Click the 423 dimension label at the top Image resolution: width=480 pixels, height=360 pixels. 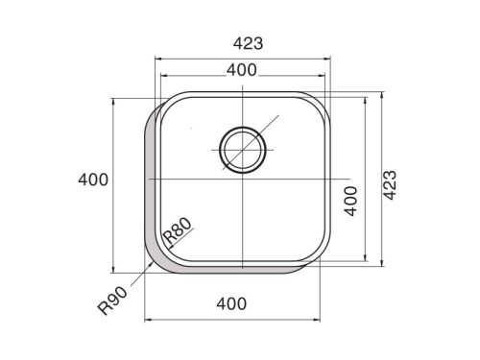coord(247,43)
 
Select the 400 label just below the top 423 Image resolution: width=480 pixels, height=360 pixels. coord(241,69)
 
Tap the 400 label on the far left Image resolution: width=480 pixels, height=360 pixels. coord(93,180)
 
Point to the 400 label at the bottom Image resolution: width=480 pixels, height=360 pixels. coord(231,305)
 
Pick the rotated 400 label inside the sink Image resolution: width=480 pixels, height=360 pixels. coord(351,201)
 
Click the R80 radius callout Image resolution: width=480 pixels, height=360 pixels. coord(179,233)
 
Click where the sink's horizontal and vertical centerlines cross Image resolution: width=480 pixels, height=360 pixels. coord(242,180)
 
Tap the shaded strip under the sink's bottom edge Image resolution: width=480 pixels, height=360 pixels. coord(235,270)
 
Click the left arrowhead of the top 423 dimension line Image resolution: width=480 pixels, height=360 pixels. coord(159,60)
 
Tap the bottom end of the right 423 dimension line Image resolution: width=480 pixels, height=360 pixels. coord(382,261)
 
